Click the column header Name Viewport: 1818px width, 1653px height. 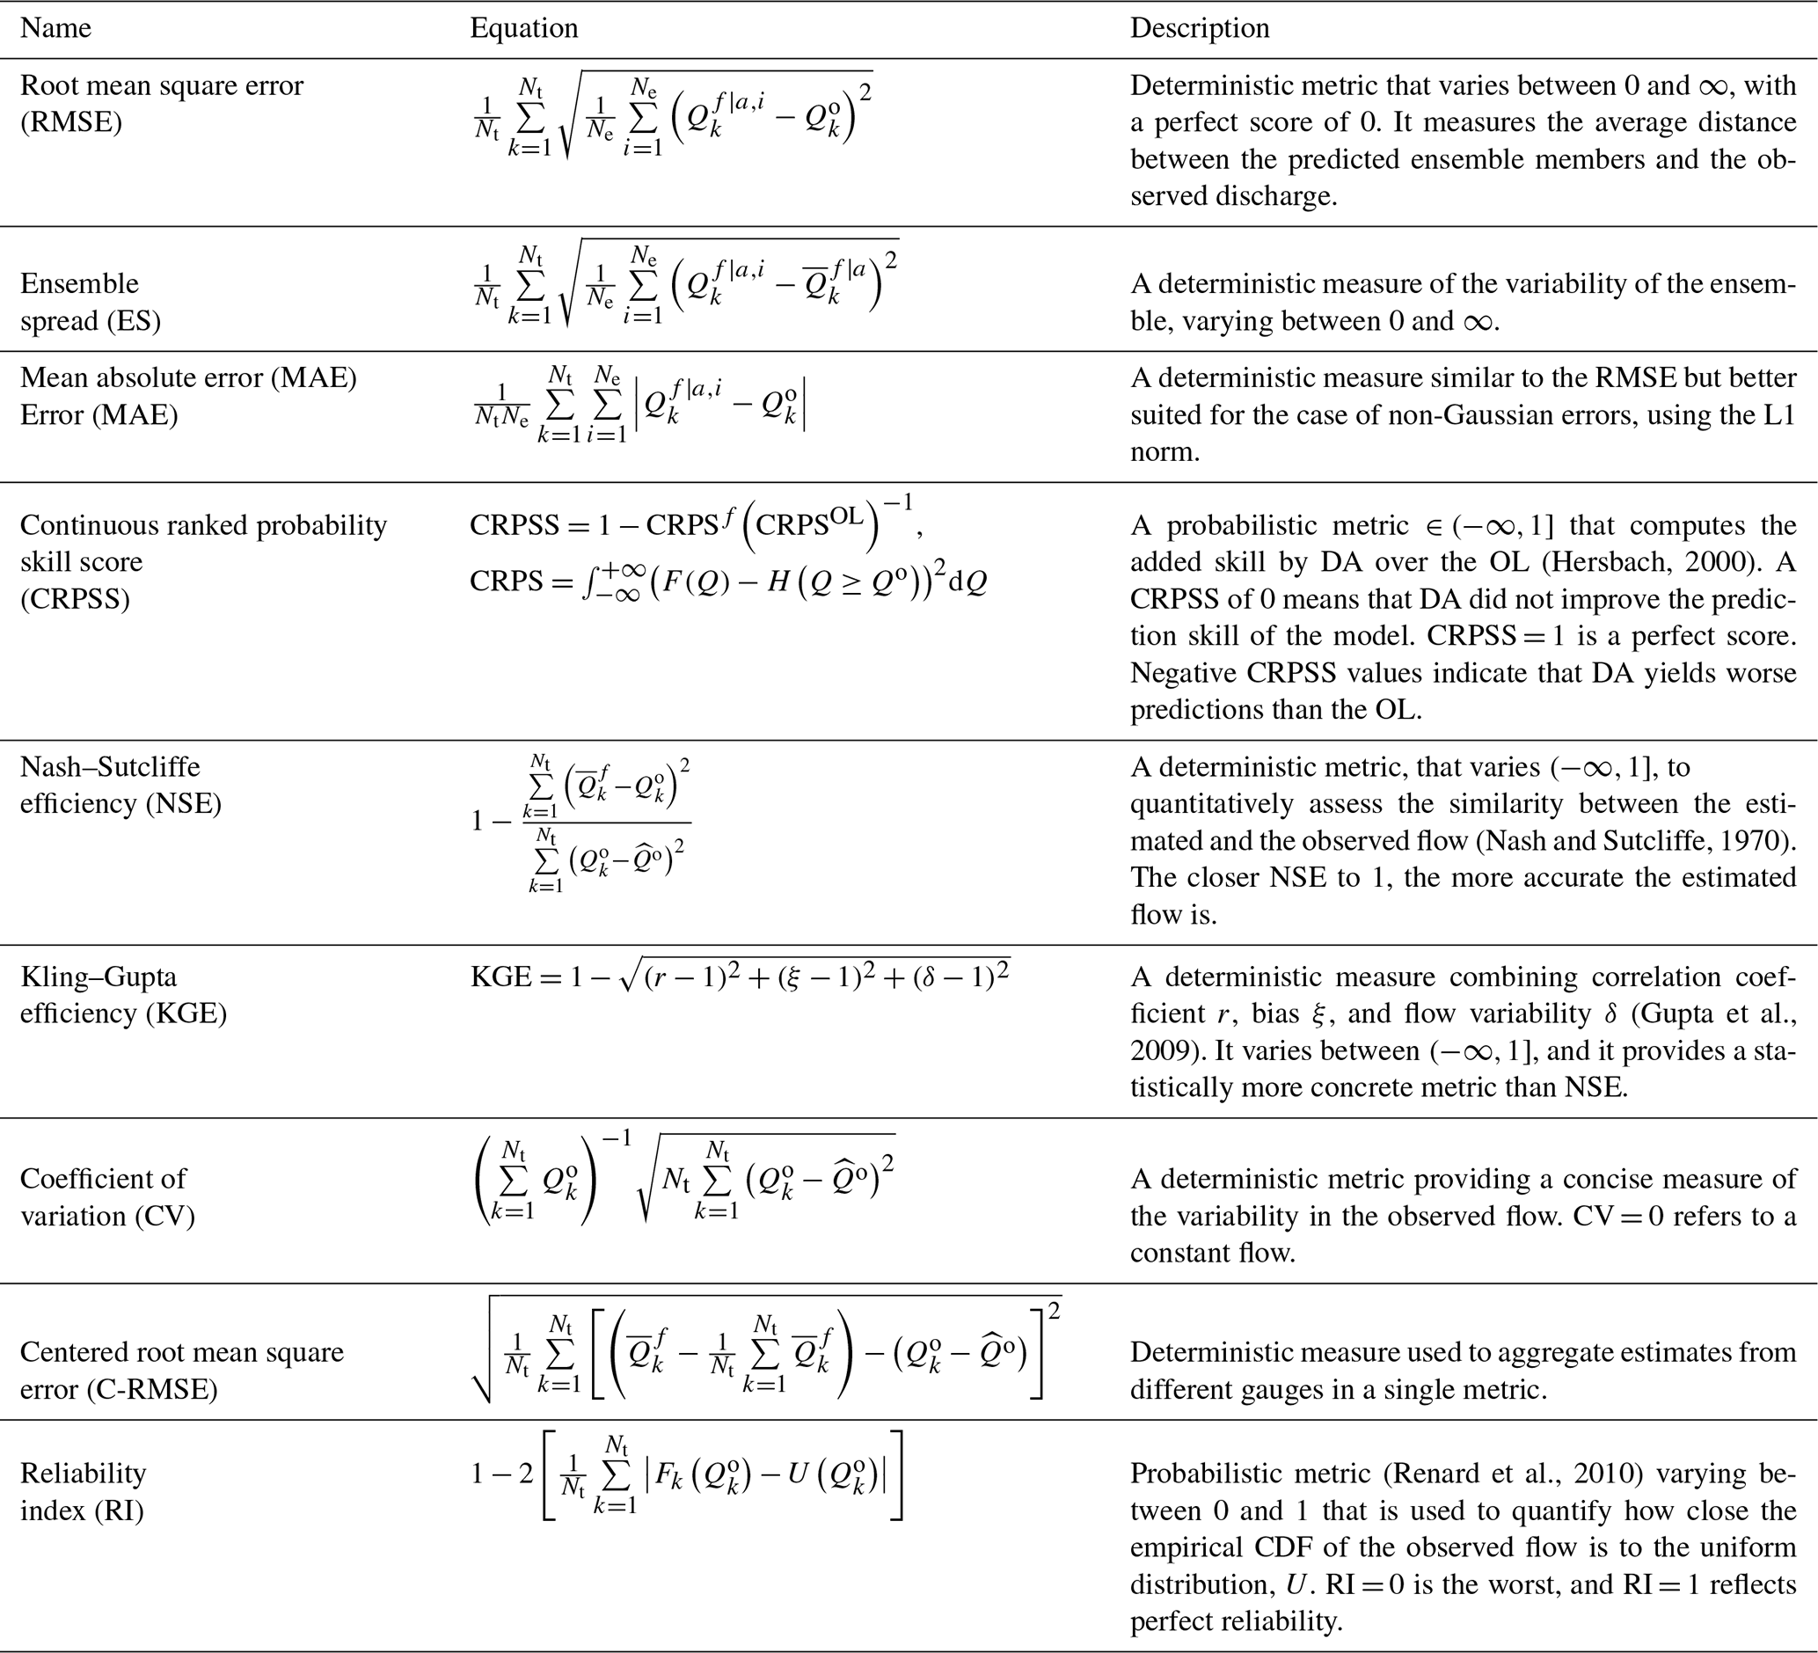tap(55, 28)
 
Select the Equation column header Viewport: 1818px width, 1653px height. tap(524, 28)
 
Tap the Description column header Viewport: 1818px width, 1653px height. tap(1200, 28)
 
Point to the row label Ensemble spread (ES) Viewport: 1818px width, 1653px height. tap(91, 302)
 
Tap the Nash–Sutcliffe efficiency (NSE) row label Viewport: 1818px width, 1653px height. tap(120, 785)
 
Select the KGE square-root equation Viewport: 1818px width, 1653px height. tap(740, 977)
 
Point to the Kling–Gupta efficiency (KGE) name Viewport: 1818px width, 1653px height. tap(122, 995)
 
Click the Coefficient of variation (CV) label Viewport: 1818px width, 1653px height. tap(107, 1196)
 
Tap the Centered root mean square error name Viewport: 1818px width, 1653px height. tap(181, 1370)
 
